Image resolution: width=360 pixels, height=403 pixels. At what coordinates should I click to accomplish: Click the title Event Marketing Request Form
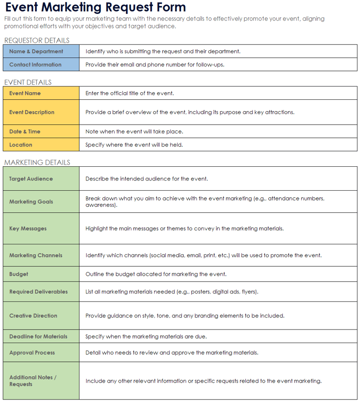pyautogui.click(x=95, y=8)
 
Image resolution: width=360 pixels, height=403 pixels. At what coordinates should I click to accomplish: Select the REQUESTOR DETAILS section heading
pyautogui.click(x=37, y=40)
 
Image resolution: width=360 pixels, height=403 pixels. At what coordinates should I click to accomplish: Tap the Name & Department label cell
pyautogui.click(x=36, y=51)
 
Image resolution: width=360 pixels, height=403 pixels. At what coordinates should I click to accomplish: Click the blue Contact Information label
pyautogui.click(x=35, y=65)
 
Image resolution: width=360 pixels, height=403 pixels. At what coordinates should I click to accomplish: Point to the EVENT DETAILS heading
pyautogui.click(x=28, y=82)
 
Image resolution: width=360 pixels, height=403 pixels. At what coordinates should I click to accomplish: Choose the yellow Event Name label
pyautogui.click(x=25, y=93)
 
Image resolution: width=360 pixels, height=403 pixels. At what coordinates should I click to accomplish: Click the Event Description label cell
pyautogui.click(x=32, y=112)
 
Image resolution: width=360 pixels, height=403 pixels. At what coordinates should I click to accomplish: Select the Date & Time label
pyautogui.click(x=25, y=132)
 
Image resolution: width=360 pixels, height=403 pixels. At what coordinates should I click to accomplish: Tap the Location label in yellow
pyautogui.click(x=21, y=145)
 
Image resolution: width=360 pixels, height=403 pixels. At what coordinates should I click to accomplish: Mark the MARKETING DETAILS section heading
pyautogui.click(x=37, y=162)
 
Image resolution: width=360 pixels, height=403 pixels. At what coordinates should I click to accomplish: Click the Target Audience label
pyautogui.click(x=31, y=179)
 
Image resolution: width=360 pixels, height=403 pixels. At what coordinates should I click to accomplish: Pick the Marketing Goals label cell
pyautogui.click(x=31, y=202)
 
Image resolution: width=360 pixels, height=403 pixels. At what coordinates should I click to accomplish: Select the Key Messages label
pyautogui.click(x=28, y=228)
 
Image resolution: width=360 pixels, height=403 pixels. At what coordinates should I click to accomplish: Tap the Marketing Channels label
pyautogui.click(x=36, y=255)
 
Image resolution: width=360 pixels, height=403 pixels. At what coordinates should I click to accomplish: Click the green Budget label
pyautogui.click(x=19, y=274)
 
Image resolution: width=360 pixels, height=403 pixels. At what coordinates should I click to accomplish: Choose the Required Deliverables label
pyautogui.click(x=39, y=292)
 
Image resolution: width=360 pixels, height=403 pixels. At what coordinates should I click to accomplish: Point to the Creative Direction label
pyautogui.click(x=33, y=316)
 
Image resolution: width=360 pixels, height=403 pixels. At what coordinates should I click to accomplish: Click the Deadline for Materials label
pyautogui.click(x=39, y=336)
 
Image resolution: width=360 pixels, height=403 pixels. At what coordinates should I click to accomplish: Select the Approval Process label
pyautogui.click(x=32, y=352)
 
